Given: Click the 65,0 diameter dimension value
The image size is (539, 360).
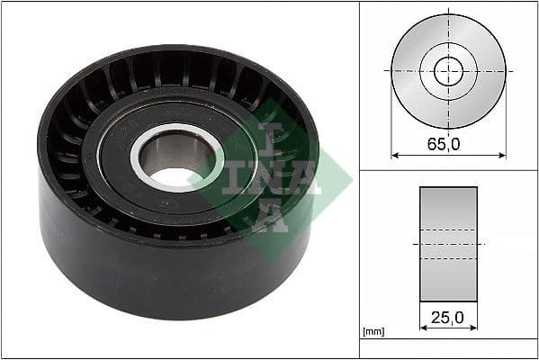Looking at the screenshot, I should (448, 143).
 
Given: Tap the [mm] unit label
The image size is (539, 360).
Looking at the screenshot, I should (373, 332).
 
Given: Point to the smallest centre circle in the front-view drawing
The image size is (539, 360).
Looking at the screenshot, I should (448, 70).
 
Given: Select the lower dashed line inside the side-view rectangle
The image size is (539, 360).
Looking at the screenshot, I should (448, 259).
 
